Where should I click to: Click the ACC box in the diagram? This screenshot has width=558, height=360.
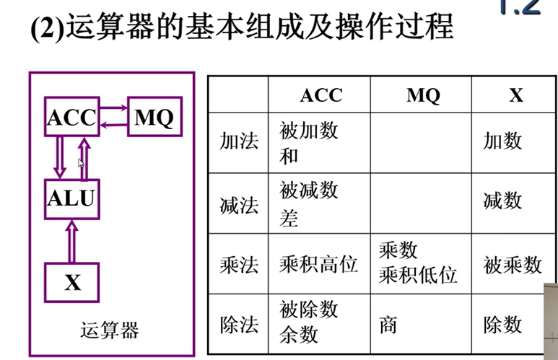[71, 118]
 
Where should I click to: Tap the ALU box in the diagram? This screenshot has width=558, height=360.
[71, 198]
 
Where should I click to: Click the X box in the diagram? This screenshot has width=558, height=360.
[72, 282]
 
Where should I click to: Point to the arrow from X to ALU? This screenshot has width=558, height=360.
[71, 241]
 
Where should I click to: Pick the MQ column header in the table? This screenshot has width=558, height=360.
[422, 96]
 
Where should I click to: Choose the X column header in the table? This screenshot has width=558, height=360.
[515, 96]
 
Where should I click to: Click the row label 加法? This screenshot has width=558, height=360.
[238, 141]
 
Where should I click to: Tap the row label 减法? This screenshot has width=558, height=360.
[238, 203]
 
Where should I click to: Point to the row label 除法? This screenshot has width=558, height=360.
[238, 325]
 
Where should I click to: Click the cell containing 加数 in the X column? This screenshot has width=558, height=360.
[502, 141]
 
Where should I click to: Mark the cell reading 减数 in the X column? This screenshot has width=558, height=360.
[502, 199]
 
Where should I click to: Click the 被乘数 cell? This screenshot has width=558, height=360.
[513, 265]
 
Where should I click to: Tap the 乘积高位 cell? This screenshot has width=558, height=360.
[318, 265]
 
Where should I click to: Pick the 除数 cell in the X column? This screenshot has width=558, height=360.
[502, 325]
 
